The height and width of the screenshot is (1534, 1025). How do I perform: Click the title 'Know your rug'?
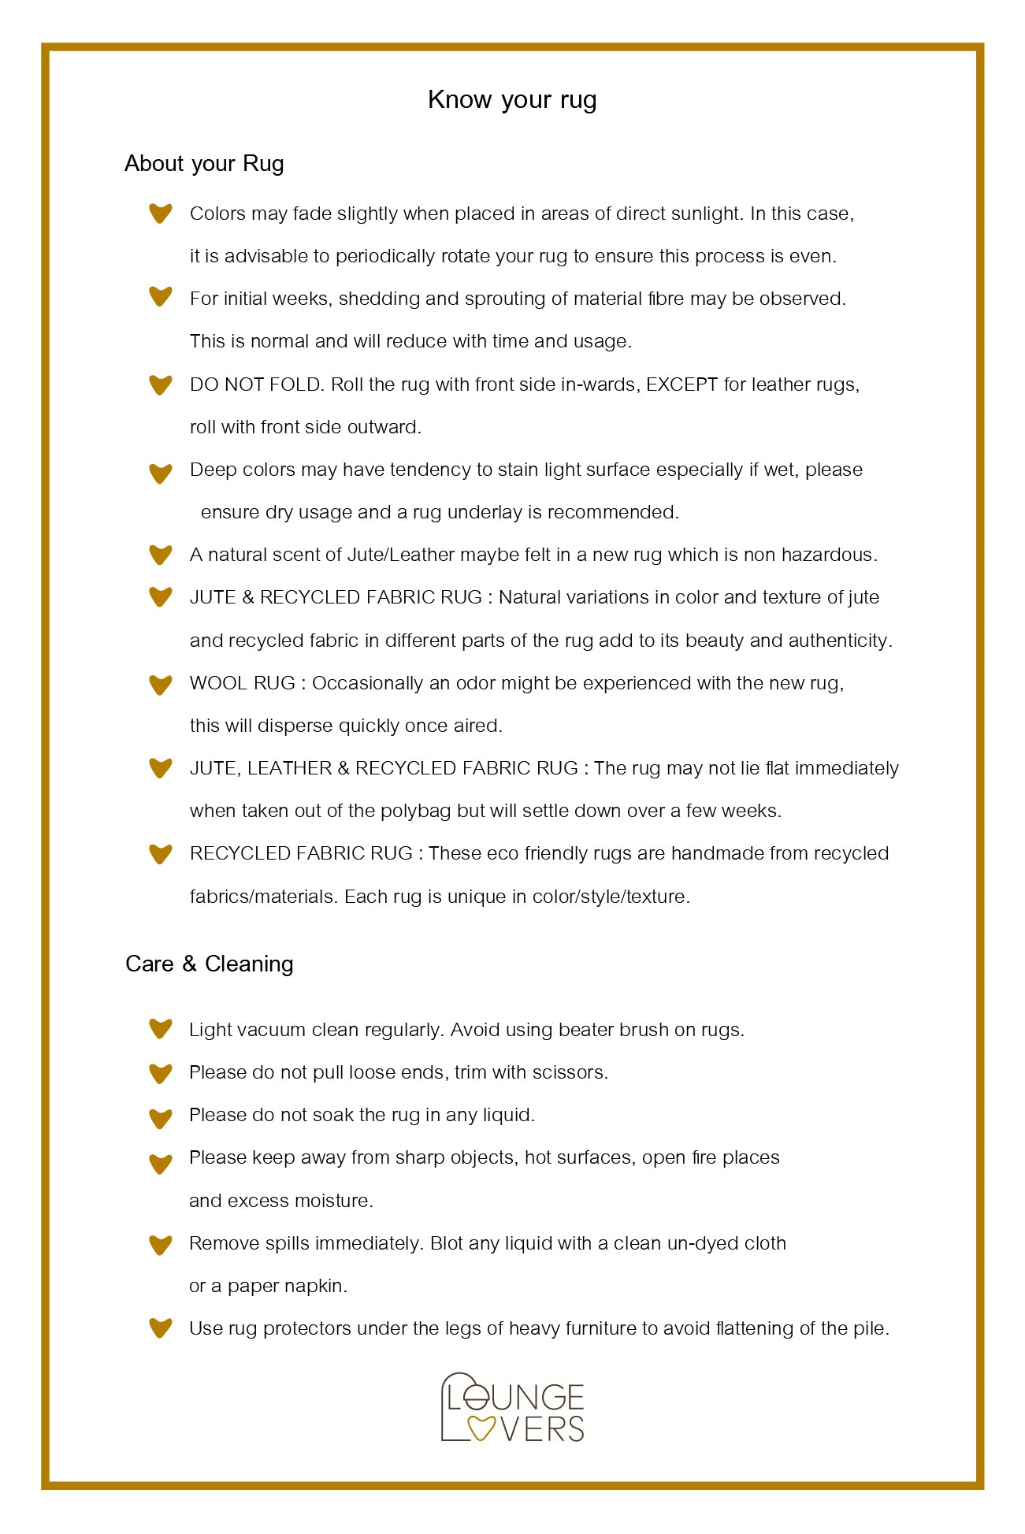click(512, 100)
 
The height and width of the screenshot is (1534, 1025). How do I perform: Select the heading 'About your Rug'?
click(204, 164)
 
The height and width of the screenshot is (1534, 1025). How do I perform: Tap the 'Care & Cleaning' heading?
click(209, 964)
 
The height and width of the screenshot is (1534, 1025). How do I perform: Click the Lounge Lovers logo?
click(512, 1408)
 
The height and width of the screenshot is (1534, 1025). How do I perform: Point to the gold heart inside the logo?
click(481, 1428)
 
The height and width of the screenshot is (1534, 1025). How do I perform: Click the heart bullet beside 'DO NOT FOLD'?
click(161, 384)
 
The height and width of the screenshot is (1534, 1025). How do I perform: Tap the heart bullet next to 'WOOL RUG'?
click(161, 684)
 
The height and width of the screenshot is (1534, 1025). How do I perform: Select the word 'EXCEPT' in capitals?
click(681, 384)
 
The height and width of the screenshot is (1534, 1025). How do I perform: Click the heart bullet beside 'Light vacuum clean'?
click(161, 1029)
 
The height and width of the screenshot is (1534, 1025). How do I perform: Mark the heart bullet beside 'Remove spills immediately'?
click(161, 1244)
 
